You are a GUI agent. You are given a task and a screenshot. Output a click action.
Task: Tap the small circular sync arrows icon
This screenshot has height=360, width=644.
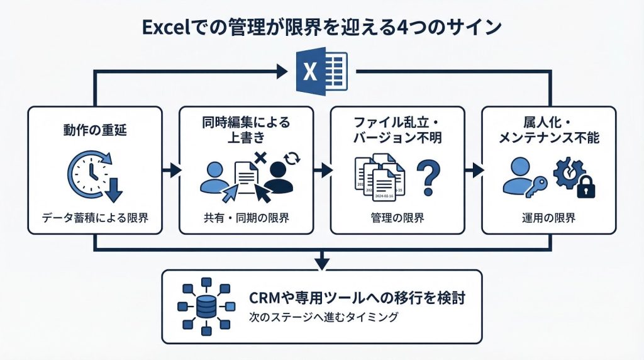tap(292, 157)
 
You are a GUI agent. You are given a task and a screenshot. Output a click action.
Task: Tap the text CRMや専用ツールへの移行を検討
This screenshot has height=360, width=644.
tap(357, 298)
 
